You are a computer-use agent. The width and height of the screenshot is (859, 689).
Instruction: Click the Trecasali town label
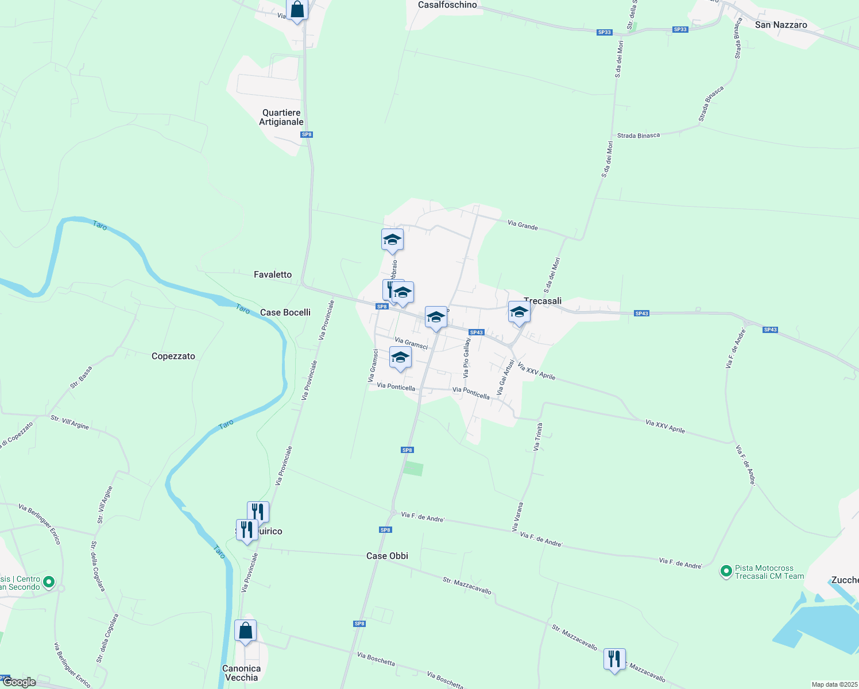pyautogui.click(x=543, y=301)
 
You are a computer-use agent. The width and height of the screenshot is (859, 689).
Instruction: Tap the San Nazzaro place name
pyautogui.click(x=781, y=25)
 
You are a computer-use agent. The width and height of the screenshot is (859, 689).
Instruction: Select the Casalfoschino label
pyautogui.click(x=448, y=5)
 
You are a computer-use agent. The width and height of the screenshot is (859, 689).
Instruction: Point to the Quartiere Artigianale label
pyautogui.click(x=281, y=117)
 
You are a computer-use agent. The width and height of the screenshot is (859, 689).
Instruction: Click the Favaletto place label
pyautogui.click(x=273, y=274)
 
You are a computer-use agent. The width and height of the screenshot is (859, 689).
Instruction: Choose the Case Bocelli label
pyautogui.click(x=285, y=312)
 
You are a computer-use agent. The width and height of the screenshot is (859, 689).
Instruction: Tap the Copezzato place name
pyautogui.click(x=173, y=356)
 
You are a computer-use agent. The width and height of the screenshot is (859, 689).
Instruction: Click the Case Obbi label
pyautogui.click(x=388, y=556)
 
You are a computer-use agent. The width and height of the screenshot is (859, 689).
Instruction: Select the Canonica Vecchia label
pyautogui.click(x=242, y=673)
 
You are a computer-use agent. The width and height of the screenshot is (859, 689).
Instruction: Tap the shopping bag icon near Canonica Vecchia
pyautogui.click(x=246, y=630)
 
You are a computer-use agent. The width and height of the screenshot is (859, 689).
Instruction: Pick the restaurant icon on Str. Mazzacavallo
pyautogui.click(x=614, y=659)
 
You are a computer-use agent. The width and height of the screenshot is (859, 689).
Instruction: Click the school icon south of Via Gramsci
pyautogui.click(x=400, y=358)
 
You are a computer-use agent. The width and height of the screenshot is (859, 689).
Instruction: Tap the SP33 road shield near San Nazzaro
pyautogui.click(x=680, y=29)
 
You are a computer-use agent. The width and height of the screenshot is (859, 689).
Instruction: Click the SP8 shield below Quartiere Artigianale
pyautogui.click(x=307, y=134)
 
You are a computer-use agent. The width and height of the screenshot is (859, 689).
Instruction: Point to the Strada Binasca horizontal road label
pyautogui.click(x=639, y=136)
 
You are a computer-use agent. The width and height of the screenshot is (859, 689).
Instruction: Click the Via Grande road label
pyautogui.click(x=523, y=226)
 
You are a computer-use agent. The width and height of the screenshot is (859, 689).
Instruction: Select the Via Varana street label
pyautogui.click(x=518, y=516)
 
